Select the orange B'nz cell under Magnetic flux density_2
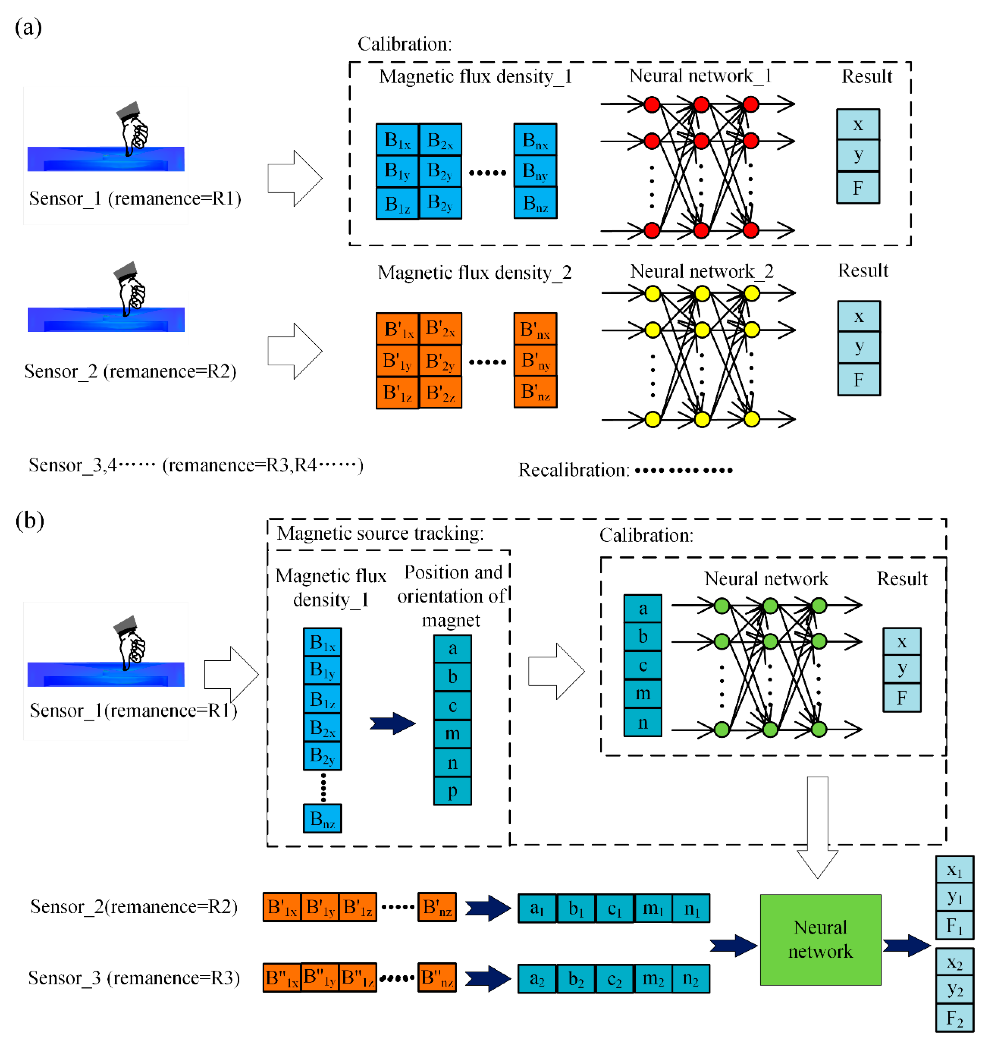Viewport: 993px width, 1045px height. (535, 392)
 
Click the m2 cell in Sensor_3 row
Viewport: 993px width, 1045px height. (653, 978)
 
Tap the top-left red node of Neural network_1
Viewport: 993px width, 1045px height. (652, 104)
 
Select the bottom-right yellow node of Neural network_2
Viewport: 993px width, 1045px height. (751, 419)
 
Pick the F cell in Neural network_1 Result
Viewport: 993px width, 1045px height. (858, 188)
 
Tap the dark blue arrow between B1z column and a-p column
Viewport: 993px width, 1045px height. (392, 723)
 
